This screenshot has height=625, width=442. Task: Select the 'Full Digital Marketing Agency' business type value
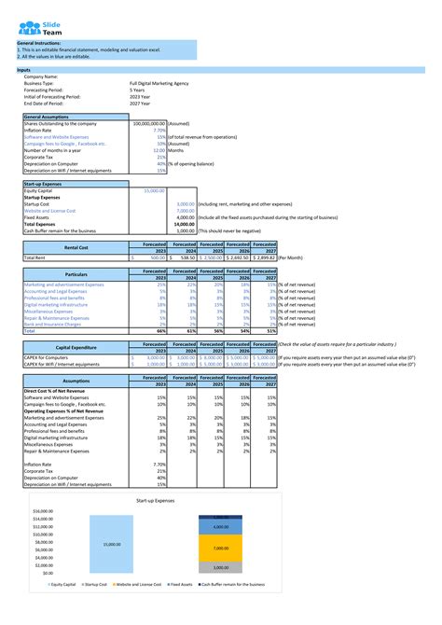[159, 83]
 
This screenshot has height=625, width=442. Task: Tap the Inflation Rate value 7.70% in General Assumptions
[159, 130]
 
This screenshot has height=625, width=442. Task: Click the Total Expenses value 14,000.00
[183, 224]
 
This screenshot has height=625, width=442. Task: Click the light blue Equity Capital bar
[111, 544]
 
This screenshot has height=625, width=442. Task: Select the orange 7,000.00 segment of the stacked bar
[221, 549]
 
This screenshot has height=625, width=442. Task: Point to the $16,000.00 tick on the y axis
[40, 512]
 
